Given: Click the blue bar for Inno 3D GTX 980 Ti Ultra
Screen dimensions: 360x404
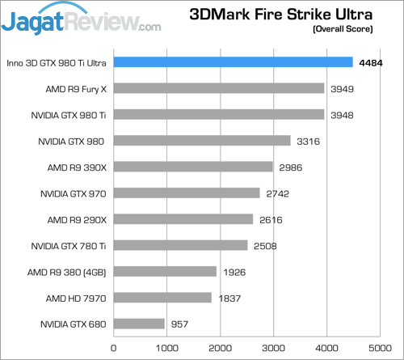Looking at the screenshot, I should (233, 62).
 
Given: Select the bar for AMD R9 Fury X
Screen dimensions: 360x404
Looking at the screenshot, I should (219, 88).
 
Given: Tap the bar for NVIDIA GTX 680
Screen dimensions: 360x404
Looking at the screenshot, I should (139, 324).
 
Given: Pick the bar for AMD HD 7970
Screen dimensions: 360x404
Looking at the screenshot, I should (162, 298).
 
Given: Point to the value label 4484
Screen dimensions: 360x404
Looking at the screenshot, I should (372, 62).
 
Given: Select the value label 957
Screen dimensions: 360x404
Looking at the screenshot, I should (180, 324).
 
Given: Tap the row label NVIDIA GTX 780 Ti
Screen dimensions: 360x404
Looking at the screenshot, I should (68, 246).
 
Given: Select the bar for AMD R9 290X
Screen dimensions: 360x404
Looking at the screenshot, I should (183, 219).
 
